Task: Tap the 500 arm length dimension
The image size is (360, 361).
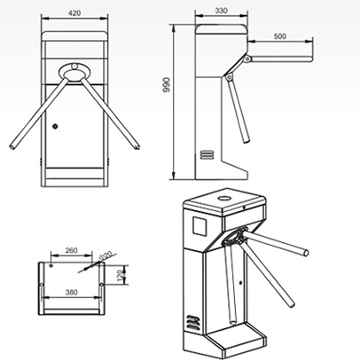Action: click(x=280, y=36)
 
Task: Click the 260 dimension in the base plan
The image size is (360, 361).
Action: click(x=74, y=251)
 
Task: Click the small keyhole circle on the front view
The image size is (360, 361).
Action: click(x=55, y=126)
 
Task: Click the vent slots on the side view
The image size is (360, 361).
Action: click(x=208, y=153)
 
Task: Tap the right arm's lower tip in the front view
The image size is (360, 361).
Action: click(x=136, y=145)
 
